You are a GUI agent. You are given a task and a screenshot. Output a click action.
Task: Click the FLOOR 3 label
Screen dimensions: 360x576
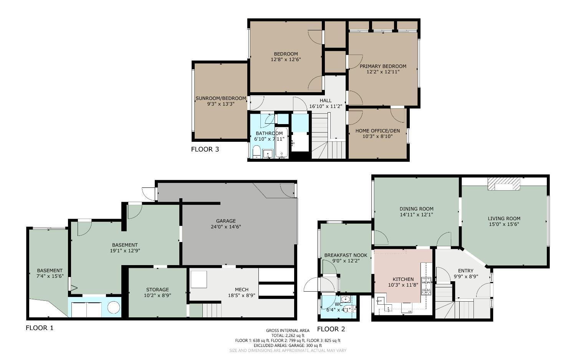pyautogui.click(x=205, y=149)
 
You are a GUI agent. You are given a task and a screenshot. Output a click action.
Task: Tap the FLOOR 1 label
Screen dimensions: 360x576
pyautogui.click(x=40, y=328)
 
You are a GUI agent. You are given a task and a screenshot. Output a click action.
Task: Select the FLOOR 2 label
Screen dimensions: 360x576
pyautogui.click(x=331, y=329)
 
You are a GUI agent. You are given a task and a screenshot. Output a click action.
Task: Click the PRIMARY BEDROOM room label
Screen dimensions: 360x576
pyautogui.click(x=382, y=66)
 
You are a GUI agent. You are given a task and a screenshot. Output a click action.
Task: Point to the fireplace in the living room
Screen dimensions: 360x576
pyautogui.click(x=504, y=184)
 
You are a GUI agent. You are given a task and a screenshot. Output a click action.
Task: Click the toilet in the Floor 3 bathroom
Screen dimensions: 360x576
pyautogui.click(x=257, y=152)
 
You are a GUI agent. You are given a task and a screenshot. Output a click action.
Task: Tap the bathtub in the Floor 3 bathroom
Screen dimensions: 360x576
pyautogui.click(x=281, y=144)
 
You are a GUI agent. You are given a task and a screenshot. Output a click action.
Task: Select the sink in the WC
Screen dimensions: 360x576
pyautogui.click(x=346, y=299)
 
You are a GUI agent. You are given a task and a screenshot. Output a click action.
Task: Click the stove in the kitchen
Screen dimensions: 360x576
pyautogui.click(x=426, y=286)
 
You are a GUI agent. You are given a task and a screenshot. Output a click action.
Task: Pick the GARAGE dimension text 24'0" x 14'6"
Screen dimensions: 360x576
pyautogui.click(x=226, y=227)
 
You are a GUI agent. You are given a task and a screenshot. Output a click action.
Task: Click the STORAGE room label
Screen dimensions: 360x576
pyautogui.click(x=157, y=289)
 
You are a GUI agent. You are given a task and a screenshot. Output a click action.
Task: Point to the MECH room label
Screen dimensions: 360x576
pyautogui.click(x=242, y=289)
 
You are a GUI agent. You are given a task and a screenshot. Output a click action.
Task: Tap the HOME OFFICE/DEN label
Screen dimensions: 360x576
pyautogui.click(x=377, y=131)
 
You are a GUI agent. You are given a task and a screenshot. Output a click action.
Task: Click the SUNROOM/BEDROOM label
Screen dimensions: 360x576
pyautogui.click(x=221, y=98)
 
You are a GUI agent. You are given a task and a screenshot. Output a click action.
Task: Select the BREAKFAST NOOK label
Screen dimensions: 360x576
pyautogui.click(x=346, y=255)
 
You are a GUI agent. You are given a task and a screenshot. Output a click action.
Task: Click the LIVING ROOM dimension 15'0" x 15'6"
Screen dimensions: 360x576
pyautogui.click(x=504, y=224)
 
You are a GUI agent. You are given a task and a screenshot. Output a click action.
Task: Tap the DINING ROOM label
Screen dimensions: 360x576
pyautogui.click(x=416, y=209)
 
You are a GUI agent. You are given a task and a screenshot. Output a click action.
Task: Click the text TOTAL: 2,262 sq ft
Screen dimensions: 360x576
pyautogui.click(x=288, y=335)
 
